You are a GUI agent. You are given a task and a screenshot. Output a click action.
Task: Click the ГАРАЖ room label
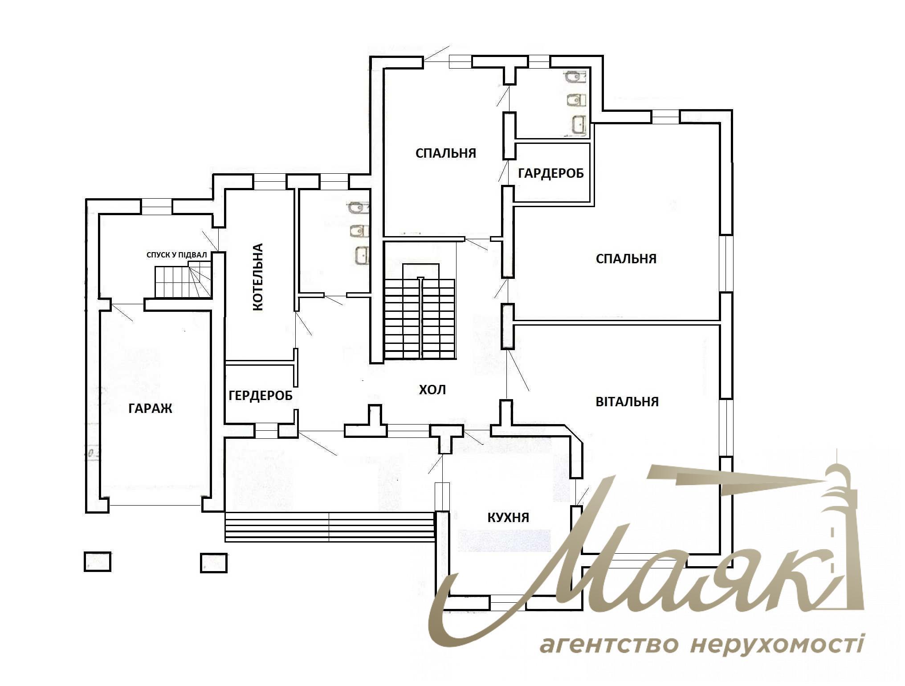point(150,408)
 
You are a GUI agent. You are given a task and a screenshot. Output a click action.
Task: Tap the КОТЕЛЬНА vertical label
point(258,277)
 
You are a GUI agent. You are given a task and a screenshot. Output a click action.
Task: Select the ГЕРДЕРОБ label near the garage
point(261,395)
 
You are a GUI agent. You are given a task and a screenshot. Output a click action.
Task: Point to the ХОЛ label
point(432,390)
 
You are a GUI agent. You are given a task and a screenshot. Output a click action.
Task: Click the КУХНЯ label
point(508,517)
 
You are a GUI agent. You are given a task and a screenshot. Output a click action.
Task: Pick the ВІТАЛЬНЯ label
point(627,402)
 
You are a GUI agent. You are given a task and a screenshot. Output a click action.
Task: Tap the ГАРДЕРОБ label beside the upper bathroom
point(551,173)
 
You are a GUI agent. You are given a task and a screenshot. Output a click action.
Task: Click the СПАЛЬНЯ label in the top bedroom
point(446,153)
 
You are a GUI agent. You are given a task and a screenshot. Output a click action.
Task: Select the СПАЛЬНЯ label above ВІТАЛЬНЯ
point(626,259)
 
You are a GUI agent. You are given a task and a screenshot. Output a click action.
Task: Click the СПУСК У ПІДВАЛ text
point(177,255)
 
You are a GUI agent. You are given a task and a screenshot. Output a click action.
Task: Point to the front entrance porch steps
point(330,527)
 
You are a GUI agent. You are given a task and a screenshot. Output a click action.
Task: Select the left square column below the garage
point(98,562)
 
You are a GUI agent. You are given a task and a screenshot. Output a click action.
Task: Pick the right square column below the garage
point(214,563)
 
